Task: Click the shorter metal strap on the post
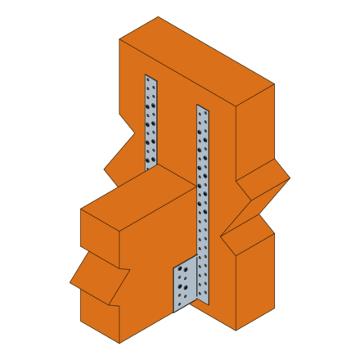(x=151, y=123)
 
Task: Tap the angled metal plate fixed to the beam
(x=185, y=286)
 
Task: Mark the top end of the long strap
(x=203, y=107)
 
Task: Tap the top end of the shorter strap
(x=151, y=78)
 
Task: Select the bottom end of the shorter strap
(x=151, y=167)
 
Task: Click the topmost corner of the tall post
(x=158, y=17)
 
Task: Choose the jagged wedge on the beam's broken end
(x=98, y=278)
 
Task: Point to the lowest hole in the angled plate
(x=181, y=298)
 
